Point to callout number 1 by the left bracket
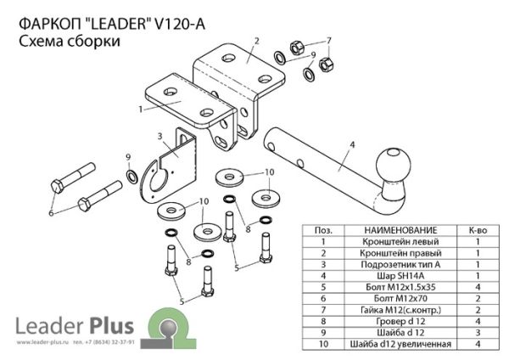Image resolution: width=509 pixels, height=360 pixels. click(x=138, y=109)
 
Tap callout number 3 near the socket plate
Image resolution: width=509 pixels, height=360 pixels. click(x=160, y=136)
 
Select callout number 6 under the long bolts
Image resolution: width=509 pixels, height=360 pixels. click(x=51, y=213)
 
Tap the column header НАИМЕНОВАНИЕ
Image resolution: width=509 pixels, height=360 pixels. click(x=398, y=230)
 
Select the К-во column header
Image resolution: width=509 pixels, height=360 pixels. click(x=478, y=230)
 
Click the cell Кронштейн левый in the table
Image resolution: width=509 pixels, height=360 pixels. click(x=398, y=242)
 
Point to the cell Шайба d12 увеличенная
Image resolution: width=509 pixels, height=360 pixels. click(x=398, y=345)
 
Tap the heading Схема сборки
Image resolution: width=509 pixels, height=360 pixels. click(x=69, y=42)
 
